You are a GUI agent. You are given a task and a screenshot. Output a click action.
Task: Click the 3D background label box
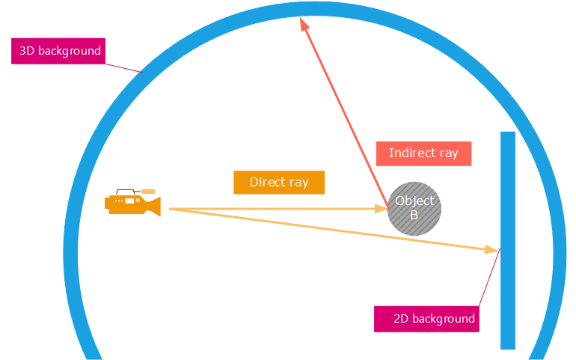pos(58,51)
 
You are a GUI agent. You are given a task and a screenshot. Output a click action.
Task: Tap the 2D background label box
pos(425,319)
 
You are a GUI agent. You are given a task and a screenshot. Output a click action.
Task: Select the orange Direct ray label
pos(279,183)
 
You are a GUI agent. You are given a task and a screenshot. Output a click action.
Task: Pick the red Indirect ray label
pos(423,153)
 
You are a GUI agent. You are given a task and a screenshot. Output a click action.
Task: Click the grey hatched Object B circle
pos(414,209)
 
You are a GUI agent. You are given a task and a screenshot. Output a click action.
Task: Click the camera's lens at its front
pos(154,205)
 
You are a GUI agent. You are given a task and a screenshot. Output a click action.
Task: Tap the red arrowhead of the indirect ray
pos(304,25)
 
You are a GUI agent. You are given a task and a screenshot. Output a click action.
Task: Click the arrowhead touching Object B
pos(381,209)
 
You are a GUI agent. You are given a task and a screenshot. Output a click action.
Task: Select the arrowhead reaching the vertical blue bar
pos(492,249)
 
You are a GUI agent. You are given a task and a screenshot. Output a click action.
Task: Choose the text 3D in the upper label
pos(27,51)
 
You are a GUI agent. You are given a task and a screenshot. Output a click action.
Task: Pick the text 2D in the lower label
pos(400,319)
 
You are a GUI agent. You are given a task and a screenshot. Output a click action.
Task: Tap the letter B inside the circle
pos(414,216)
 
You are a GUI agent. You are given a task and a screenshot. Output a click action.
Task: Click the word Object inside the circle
pos(414,201)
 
